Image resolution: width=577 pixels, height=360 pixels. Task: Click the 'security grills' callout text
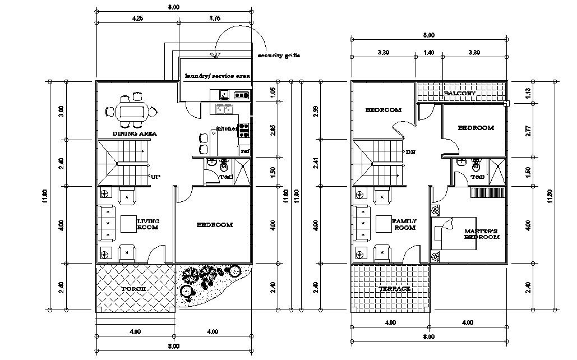click(x=279, y=56)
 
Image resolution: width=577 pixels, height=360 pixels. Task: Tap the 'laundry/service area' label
click(x=217, y=76)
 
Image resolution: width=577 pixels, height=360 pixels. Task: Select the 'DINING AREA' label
click(x=135, y=134)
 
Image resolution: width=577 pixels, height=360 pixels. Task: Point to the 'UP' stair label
click(x=155, y=177)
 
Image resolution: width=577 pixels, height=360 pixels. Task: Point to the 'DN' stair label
click(x=410, y=152)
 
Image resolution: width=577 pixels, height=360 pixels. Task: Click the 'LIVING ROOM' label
click(x=148, y=224)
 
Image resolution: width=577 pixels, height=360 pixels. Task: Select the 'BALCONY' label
click(x=459, y=93)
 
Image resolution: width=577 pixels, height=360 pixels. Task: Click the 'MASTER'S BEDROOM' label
click(x=482, y=234)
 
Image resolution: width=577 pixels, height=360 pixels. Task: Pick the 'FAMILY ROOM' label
click(x=404, y=224)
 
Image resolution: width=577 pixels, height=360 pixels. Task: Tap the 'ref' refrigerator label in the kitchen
click(x=244, y=151)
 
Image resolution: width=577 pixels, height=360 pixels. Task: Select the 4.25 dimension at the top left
click(x=137, y=18)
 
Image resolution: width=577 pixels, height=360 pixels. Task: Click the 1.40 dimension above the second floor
click(x=429, y=52)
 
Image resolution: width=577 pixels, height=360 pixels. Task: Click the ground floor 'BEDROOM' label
click(x=214, y=225)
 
